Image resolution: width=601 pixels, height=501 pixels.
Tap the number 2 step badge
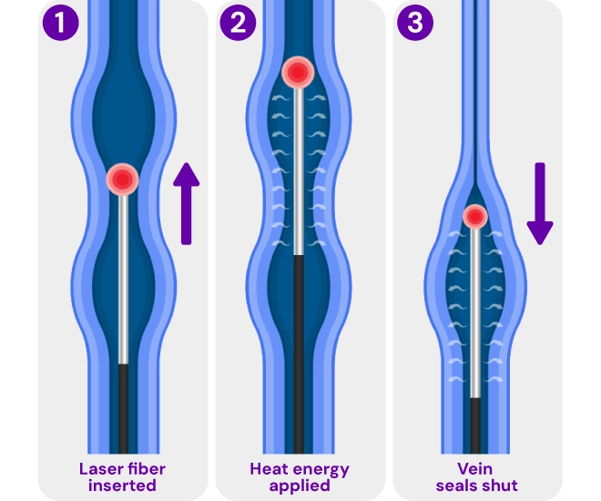[238, 23]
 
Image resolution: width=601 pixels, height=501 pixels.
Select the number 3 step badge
[415, 23]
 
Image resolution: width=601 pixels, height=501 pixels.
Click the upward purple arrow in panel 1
[186, 204]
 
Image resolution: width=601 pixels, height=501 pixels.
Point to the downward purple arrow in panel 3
[539, 204]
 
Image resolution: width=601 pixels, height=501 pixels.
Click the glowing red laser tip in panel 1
[122, 179]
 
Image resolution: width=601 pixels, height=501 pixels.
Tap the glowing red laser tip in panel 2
[298, 72]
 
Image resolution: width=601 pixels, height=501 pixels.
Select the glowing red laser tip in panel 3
[474, 217]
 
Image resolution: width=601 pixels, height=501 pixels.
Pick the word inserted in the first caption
[122, 486]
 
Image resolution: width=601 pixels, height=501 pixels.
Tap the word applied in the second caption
[299, 486]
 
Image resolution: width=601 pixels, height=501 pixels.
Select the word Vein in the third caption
[475, 470]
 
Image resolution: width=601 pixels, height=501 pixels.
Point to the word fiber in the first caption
[146, 470]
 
